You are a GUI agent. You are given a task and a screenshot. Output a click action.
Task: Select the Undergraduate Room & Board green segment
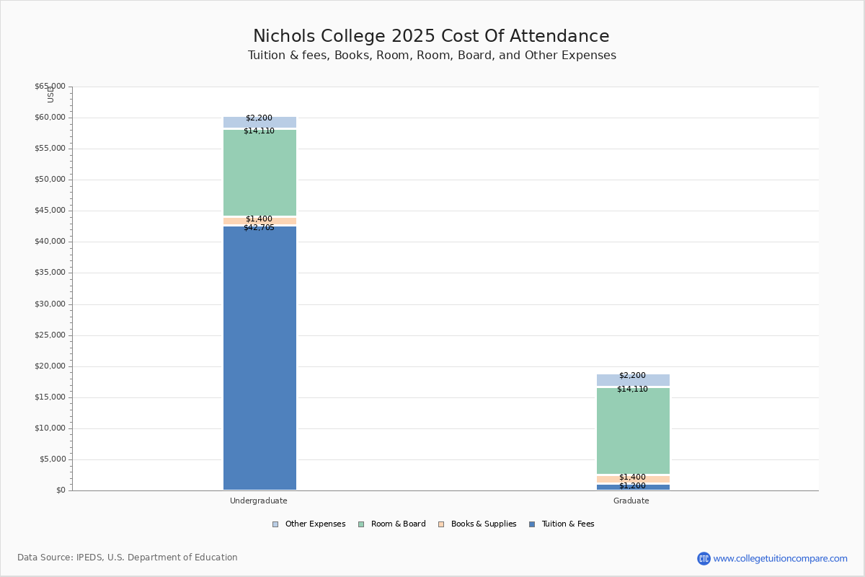(259, 173)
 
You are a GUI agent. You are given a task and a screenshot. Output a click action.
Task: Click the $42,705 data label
(259, 228)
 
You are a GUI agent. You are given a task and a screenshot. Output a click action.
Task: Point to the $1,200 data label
(632, 486)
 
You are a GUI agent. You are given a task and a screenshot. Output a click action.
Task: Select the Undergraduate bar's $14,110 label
(259, 131)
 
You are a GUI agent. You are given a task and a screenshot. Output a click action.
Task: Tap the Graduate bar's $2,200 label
(632, 376)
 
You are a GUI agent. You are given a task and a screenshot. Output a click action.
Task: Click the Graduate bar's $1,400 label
(632, 477)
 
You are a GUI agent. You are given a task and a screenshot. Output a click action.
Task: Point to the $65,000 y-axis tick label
(50, 87)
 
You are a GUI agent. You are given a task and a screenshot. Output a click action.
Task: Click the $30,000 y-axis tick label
(50, 304)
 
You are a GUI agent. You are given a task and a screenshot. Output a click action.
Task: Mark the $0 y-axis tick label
(60, 490)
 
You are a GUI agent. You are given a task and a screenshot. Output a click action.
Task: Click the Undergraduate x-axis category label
(259, 501)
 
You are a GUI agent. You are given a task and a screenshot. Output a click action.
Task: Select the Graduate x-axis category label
(631, 501)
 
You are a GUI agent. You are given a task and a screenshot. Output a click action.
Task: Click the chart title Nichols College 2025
(431, 37)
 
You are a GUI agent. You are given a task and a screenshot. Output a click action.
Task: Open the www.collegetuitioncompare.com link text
(780, 559)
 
